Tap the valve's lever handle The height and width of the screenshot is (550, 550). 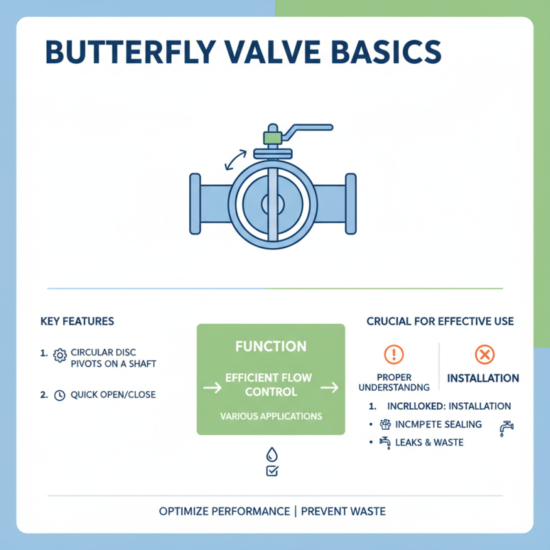click(309, 129)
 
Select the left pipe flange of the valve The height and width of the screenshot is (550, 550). click(195, 203)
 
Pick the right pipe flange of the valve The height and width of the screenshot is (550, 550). click(351, 203)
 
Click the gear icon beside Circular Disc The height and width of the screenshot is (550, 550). click(59, 353)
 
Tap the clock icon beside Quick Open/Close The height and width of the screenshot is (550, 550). click(59, 395)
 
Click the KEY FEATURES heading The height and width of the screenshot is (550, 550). click(78, 321)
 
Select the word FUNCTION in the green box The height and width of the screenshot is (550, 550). click(271, 346)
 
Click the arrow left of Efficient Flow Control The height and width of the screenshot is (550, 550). click(212, 388)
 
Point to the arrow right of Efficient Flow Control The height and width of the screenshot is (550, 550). click(330, 388)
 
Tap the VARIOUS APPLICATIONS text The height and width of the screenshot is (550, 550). click(271, 416)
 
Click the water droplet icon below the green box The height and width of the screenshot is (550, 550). click(271, 454)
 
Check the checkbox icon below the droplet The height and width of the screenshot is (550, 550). click(271, 471)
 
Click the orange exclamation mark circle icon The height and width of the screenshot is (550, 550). click(393, 355)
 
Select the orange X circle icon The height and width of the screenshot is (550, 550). click(485, 355)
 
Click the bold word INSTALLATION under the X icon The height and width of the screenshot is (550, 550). click(483, 378)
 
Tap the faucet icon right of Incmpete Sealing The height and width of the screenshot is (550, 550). click(507, 428)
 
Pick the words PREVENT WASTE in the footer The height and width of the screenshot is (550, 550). click(344, 511)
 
